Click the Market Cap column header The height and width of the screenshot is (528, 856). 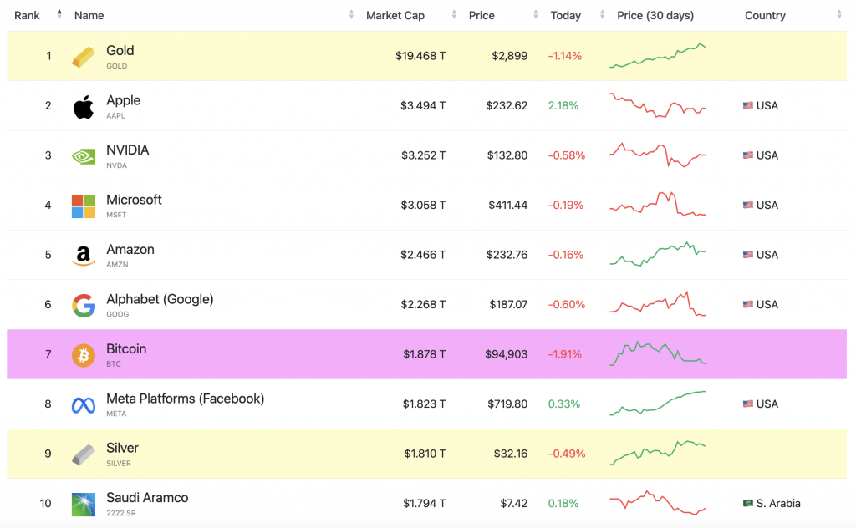[x=395, y=15]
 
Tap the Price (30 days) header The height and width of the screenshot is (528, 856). [x=655, y=15]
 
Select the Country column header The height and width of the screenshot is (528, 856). [x=765, y=15]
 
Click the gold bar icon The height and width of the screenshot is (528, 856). [x=84, y=56]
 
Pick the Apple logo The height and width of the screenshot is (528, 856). [x=84, y=106]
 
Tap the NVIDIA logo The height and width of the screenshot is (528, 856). [x=84, y=156]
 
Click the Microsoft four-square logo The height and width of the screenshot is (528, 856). [x=84, y=206]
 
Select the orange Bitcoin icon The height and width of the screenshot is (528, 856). [x=84, y=355]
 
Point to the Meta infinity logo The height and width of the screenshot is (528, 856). [x=84, y=405]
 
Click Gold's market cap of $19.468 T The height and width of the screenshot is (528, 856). [x=420, y=56]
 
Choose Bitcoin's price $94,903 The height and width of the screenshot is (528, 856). [x=506, y=354]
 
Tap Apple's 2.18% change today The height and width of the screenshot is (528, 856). [x=563, y=105]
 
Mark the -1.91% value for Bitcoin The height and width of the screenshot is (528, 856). [x=564, y=354]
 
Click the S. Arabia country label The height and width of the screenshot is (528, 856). [x=778, y=503]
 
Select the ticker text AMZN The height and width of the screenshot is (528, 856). [x=117, y=265]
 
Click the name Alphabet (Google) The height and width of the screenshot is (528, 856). [x=160, y=299]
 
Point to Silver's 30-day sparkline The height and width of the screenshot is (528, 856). [x=657, y=453]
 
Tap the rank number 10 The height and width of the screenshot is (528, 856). [x=46, y=503]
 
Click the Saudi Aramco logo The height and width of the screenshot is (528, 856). [x=84, y=504]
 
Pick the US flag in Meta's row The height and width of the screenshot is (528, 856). [x=748, y=404]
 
